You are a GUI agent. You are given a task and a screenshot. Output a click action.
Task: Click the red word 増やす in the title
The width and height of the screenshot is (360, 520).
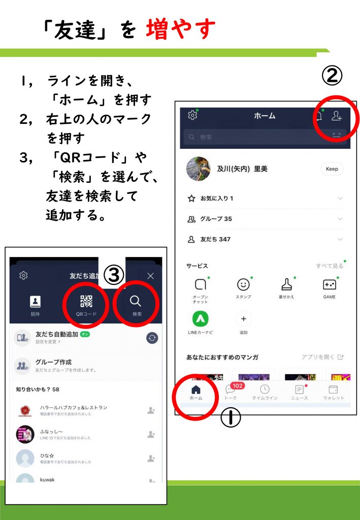click(x=181, y=29)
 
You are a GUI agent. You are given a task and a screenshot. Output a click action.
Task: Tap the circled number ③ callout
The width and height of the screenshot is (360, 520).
click(x=114, y=275)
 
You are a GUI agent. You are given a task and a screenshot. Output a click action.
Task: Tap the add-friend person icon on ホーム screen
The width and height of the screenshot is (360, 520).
click(x=336, y=116)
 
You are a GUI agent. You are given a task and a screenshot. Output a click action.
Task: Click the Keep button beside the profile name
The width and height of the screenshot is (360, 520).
click(x=332, y=169)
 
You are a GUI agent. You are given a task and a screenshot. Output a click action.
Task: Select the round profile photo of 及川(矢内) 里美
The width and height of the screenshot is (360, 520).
click(x=199, y=169)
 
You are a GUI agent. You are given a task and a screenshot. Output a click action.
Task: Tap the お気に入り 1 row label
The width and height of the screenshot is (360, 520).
click(x=217, y=199)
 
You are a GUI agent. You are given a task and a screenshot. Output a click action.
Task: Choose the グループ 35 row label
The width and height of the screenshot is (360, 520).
click(x=216, y=219)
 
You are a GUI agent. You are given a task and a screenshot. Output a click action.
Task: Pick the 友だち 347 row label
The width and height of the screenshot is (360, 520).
click(x=215, y=239)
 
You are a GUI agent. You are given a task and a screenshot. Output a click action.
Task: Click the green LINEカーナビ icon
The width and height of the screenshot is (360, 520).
click(x=200, y=318)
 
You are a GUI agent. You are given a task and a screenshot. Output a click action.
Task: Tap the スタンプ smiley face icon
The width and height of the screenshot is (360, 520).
click(x=244, y=285)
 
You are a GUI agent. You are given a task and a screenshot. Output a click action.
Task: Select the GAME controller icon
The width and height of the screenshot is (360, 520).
click(x=329, y=285)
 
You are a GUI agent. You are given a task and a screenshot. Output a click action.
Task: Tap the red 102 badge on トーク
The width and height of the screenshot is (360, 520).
click(x=237, y=385)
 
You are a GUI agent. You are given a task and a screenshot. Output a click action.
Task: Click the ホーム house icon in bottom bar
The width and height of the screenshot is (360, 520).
click(x=196, y=389)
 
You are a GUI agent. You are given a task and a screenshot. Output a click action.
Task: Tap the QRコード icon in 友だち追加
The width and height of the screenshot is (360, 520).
click(x=86, y=301)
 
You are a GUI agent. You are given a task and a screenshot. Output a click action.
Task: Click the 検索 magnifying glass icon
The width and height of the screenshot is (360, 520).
click(x=136, y=301)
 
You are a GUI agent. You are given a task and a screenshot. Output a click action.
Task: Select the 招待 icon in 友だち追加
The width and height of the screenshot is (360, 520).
click(x=35, y=302)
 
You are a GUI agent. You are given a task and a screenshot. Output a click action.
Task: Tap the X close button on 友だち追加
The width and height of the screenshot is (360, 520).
click(x=150, y=276)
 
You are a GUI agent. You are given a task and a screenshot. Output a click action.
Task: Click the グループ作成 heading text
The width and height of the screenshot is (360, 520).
click(x=53, y=362)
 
